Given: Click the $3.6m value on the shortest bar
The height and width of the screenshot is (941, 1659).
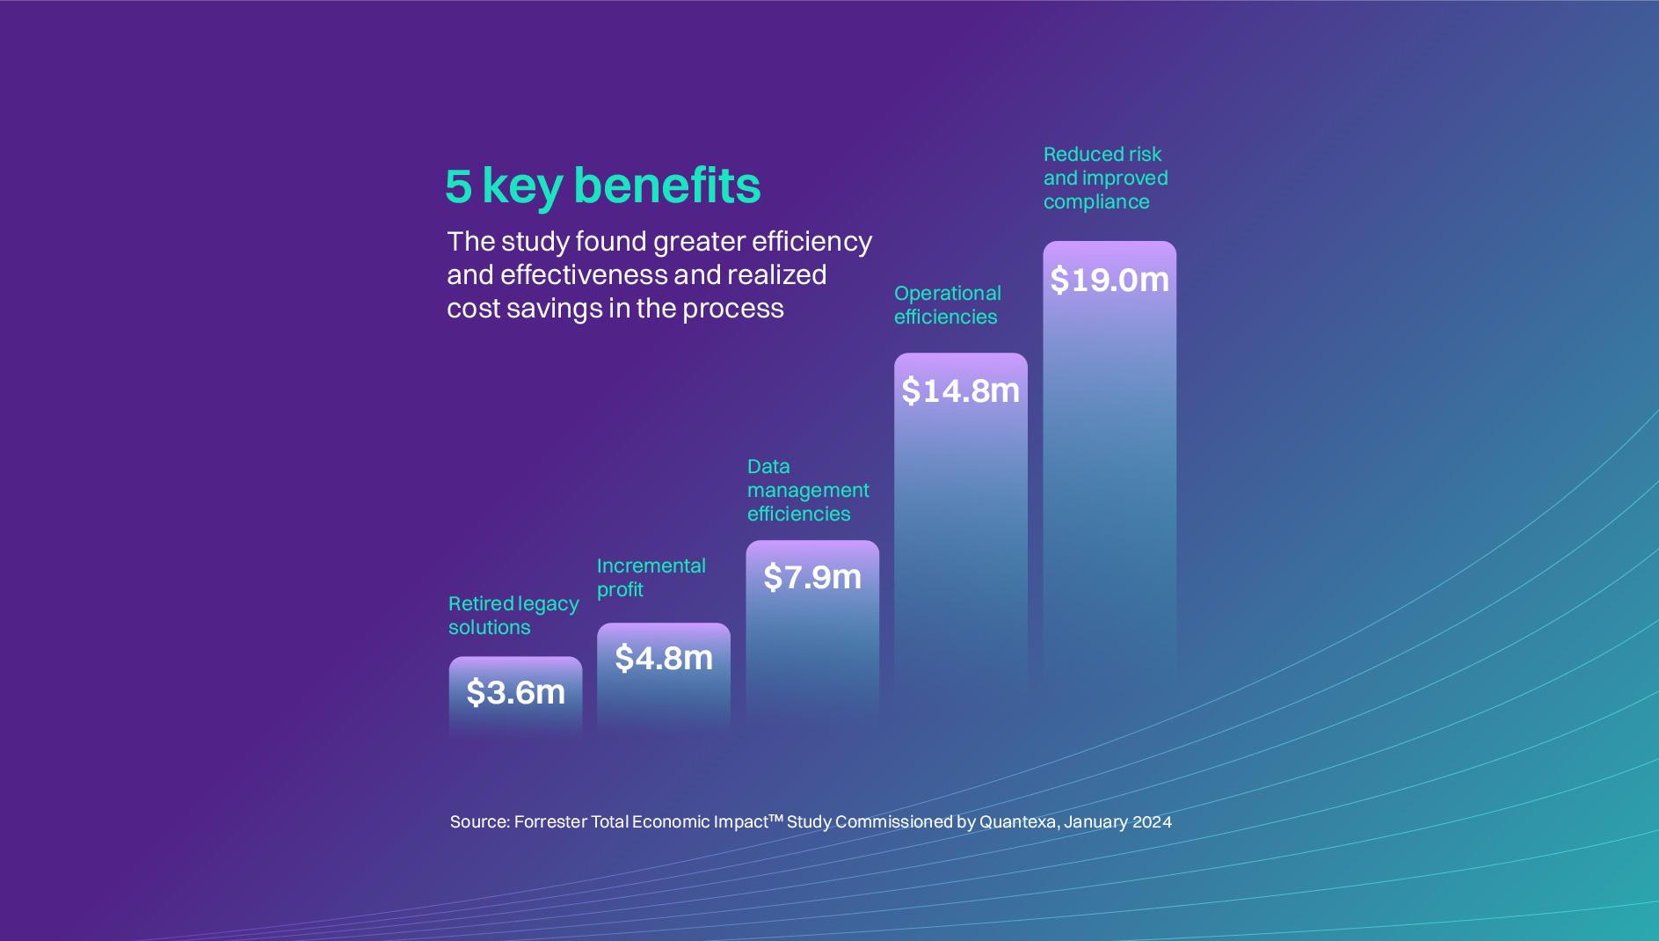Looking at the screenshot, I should [x=515, y=692].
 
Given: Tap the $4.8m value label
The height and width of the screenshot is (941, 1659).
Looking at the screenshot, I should [x=664, y=658].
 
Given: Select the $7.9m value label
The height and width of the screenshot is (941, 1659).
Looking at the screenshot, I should [x=812, y=577].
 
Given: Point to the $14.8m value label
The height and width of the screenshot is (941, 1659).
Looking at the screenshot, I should [x=960, y=390].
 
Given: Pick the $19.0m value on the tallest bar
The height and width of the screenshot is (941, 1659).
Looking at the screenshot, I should [x=1110, y=280].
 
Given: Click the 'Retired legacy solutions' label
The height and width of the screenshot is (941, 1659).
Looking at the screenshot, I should [x=513, y=615].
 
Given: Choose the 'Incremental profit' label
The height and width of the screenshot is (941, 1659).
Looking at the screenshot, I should [x=651, y=577].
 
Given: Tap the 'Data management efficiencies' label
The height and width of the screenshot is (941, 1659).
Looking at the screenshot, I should [x=807, y=490].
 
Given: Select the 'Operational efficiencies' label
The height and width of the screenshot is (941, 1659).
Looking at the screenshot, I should [x=947, y=304].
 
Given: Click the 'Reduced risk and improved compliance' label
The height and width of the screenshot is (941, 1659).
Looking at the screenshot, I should [x=1105, y=178].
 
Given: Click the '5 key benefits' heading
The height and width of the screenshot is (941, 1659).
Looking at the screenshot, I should [x=603, y=186].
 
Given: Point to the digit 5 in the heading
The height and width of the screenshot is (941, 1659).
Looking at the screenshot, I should [x=458, y=186].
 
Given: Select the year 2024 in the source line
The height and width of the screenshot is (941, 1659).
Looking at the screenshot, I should [x=1152, y=821].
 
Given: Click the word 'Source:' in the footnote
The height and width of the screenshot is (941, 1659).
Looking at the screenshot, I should [x=479, y=821].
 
